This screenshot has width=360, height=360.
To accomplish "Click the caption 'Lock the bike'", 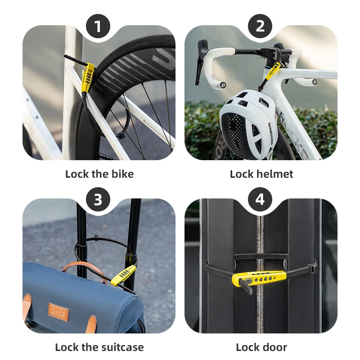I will (x=99, y=174).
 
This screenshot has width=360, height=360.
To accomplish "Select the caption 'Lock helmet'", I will (x=261, y=174).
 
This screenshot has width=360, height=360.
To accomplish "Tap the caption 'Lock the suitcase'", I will (x=99, y=347).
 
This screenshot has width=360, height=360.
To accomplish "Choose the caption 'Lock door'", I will (x=261, y=347).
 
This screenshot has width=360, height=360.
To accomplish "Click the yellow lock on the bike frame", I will (x=87, y=77).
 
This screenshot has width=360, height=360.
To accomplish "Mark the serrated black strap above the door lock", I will (x=261, y=256).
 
